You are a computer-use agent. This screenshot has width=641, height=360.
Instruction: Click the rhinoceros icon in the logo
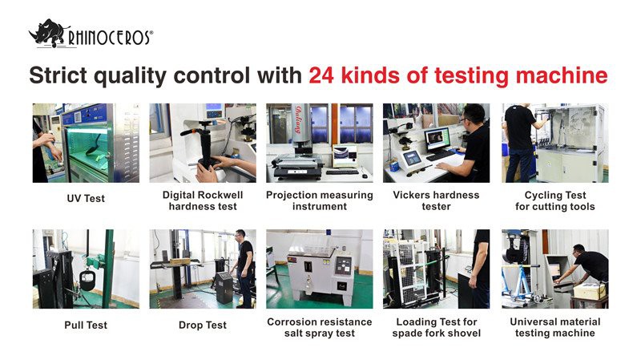pyautogui.click(x=46, y=34)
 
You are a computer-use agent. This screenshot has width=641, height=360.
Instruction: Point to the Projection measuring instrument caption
pyautogui.click(x=319, y=200)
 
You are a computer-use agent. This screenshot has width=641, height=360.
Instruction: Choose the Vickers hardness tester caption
pyautogui.click(x=436, y=200)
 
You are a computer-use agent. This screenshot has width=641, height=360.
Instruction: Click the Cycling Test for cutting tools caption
pyautogui.click(x=554, y=200)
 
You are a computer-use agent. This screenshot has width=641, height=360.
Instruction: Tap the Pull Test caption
pyautogui.click(x=85, y=325)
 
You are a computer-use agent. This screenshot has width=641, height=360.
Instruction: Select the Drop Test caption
pyautogui.click(x=202, y=325)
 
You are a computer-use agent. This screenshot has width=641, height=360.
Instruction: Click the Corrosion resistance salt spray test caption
pyautogui.click(x=319, y=327)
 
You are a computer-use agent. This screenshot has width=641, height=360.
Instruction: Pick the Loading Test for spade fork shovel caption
pyautogui.click(x=436, y=327)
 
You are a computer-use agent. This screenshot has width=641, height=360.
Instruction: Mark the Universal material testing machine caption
pyautogui.click(x=554, y=327)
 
